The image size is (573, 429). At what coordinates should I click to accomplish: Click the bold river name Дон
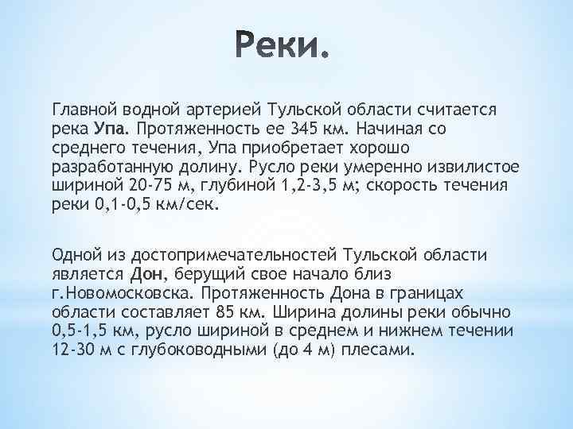point(146,273)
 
